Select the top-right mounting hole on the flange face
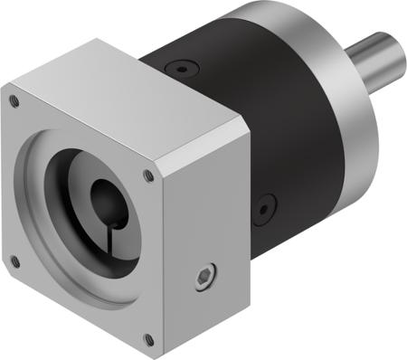[148, 175]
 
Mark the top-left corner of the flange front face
[6, 90]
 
